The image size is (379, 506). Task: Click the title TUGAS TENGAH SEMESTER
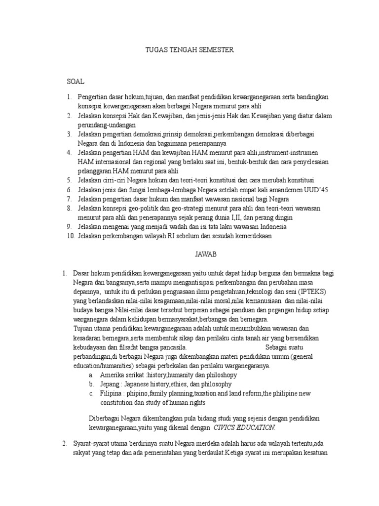pos(189,50)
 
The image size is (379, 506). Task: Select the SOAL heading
pos(76,80)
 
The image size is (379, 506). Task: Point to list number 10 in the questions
pos(70,236)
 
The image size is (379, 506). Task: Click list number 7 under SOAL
pos(70,199)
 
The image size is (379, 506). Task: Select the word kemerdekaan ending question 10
pos(250,236)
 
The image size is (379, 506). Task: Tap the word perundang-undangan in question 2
pos(107,125)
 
